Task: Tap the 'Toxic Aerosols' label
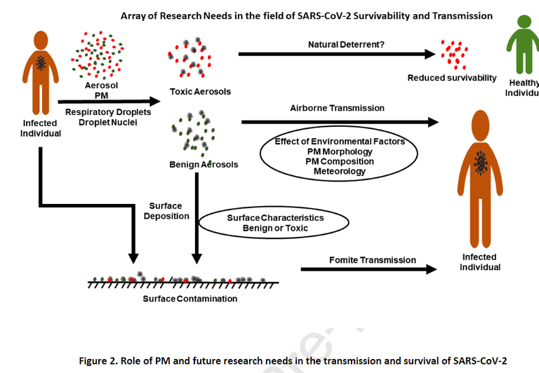tap(200, 92)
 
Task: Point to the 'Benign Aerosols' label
tap(204, 165)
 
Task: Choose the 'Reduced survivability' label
tap(452, 78)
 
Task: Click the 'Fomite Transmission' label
tap(372, 260)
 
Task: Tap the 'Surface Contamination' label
tap(189, 299)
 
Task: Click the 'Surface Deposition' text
tap(166, 211)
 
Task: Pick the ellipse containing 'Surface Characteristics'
tap(274, 223)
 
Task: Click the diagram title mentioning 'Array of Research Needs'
tap(307, 15)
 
